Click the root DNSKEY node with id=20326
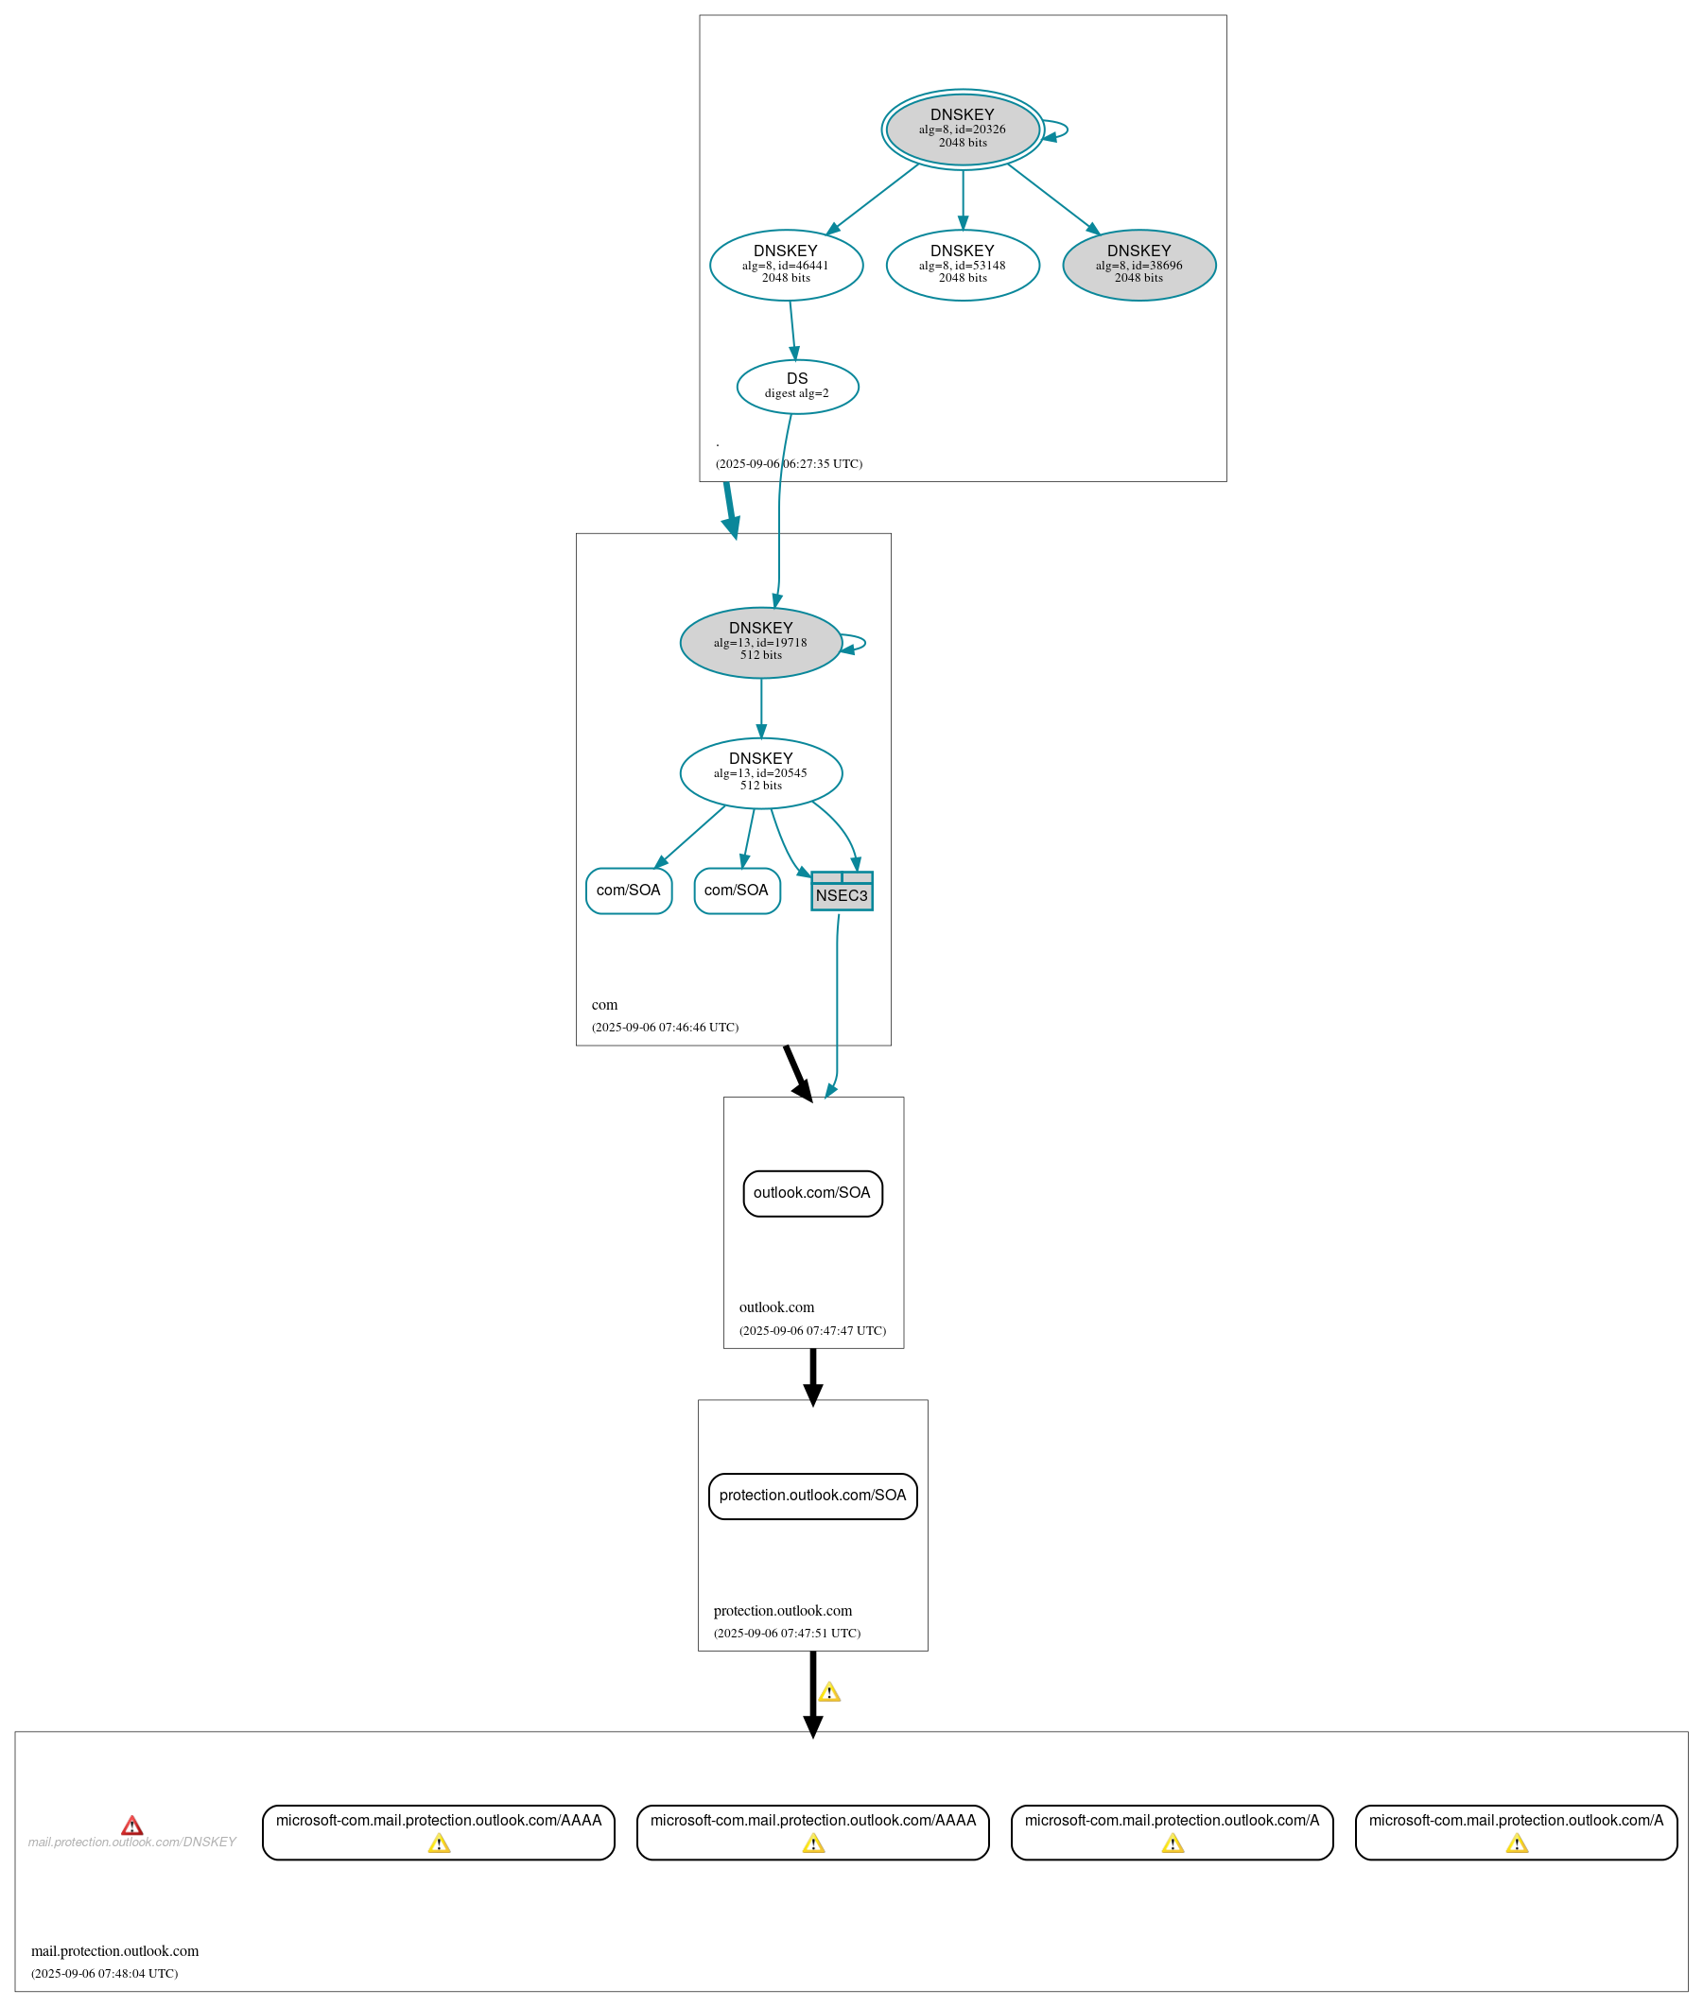pyautogui.click(x=963, y=130)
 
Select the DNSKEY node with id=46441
pyautogui.click(x=786, y=265)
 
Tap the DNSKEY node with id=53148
pyautogui.click(x=963, y=265)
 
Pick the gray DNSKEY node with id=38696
pyautogui.click(x=1139, y=265)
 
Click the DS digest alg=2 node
pyautogui.click(x=797, y=386)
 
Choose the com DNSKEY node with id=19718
pyautogui.click(x=761, y=642)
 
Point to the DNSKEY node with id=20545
pyautogui.click(x=761, y=772)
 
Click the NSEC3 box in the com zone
pyautogui.click(x=842, y=892)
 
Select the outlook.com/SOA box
pyautogui.click(x=812, y=1193)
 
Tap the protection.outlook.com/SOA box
pyautogui.click(x=813, y=1496)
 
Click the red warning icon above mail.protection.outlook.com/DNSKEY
pyautogui.click(x=132, y=1825)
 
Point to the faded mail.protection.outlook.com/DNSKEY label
pyautogui.click(x=132, y=1842)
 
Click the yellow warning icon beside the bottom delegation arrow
pyautogui.click(x=829, y=1692)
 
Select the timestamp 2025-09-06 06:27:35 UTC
pyautogui.click(x=789, y=464)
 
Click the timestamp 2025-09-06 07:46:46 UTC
pyautogui.click(x=665, y=1028)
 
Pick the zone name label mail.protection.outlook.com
pyautogui.click(x=114, y=1951)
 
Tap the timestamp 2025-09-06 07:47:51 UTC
pyautogui.click(x=787, y=1634)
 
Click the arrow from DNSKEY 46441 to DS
pyautogui.click(x=792, y=330)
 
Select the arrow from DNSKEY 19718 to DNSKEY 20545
pyautogui.click(x=761, y=708)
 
